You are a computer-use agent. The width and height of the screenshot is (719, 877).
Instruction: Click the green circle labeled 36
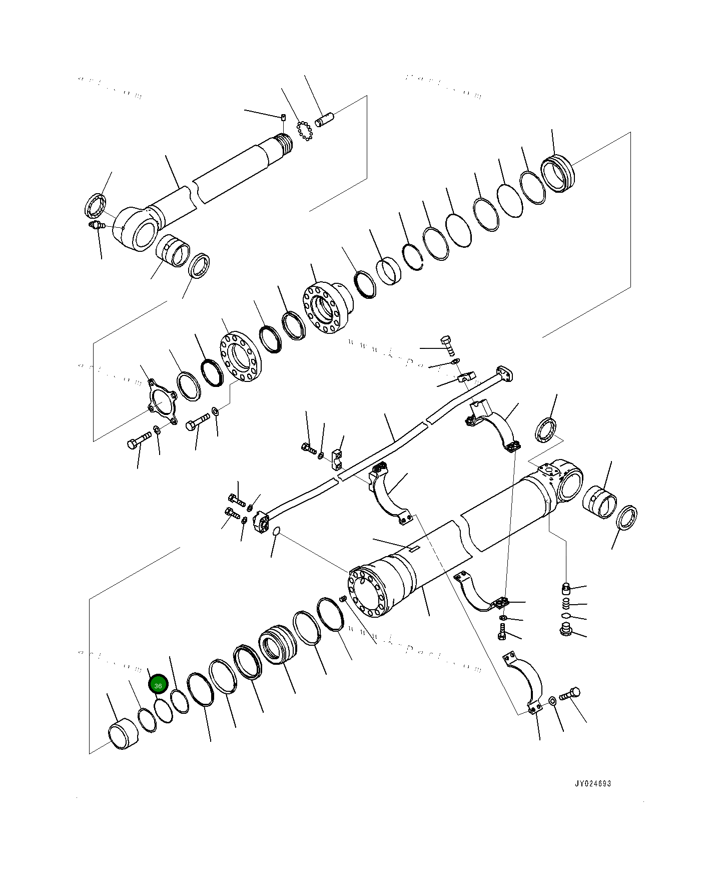click(158, 684)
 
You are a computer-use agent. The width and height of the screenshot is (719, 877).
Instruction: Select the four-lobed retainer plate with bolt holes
click(163, 402)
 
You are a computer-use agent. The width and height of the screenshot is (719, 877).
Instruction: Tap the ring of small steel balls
click(304, 131)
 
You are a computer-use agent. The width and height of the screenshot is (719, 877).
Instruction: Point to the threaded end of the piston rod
click(285, 144)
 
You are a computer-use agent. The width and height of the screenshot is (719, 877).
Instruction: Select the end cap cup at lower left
click(123, 734)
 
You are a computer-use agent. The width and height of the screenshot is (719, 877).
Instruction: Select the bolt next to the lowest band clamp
click(569, 695)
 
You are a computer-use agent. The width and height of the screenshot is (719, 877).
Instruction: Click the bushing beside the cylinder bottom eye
click(600, 502)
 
